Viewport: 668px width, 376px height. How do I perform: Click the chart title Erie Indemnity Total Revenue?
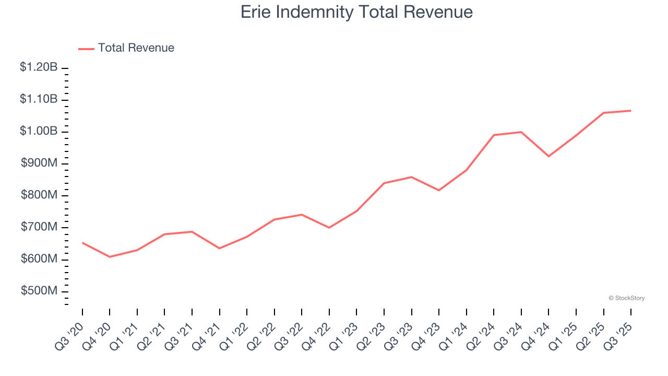coord(356,11)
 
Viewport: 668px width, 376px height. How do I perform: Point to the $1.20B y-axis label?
coord(39,67)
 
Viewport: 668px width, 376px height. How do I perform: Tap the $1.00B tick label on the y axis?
coord(39,131)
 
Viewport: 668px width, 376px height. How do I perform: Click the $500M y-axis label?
coord(39,291)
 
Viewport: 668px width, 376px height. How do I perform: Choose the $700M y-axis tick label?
coord(39,227)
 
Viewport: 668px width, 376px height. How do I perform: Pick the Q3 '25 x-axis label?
coord(619,335)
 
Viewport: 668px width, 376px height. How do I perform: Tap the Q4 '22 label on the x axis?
coord(317,335)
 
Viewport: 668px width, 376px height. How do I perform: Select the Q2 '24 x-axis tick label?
coord(482,335)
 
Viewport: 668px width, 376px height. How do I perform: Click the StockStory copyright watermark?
coord(626,298)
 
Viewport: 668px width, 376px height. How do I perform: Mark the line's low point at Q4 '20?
coord(110,257)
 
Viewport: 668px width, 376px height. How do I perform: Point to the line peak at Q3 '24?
coord(521,132)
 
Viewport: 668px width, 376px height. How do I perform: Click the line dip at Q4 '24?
coord(548,156)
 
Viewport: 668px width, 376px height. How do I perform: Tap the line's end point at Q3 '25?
coord(631,111)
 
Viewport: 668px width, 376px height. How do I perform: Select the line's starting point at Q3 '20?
coord(82,243)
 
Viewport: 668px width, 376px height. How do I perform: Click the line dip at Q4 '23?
coord(439,190)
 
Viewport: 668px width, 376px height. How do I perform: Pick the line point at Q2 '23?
coord(384,183)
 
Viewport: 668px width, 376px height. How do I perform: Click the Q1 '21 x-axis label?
coord(125,335)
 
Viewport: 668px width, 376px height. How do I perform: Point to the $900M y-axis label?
coord(39,163)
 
